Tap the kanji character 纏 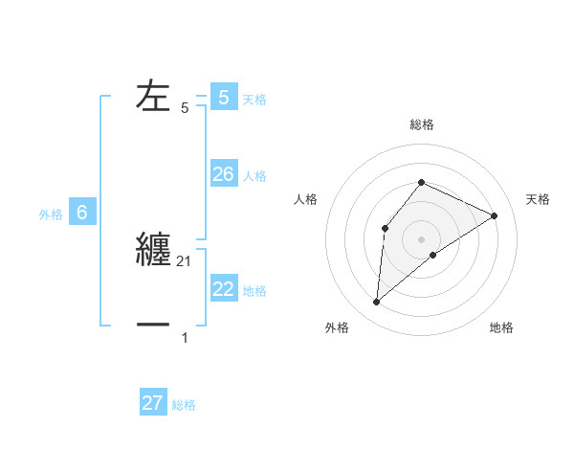pos(155,250)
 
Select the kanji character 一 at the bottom pos(155,326)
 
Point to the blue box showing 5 pos(224,97)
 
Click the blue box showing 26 pos(224,173)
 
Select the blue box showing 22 pos(224,288)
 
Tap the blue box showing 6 pos(82,213)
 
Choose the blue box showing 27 pos(153,403)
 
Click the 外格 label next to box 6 pos(51,214)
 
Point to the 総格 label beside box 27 pos(184,405)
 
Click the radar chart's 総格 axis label pos(422,124)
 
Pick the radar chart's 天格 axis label pos(539,199)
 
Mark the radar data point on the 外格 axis pos(377,303)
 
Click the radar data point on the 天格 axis pos(495,215)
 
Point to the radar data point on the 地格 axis pos(433,255)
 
